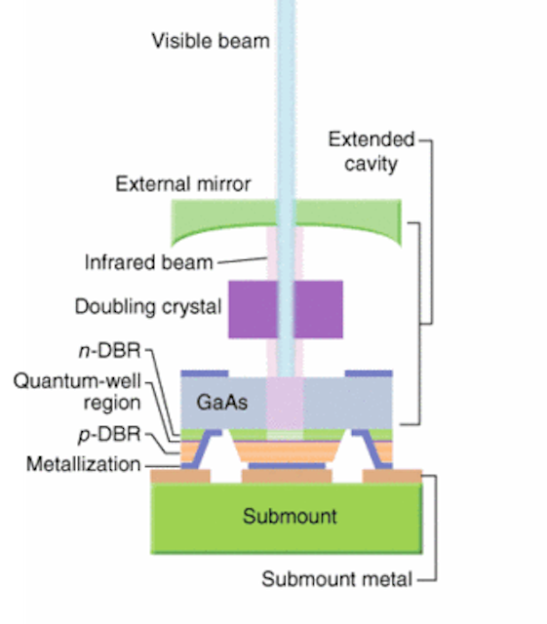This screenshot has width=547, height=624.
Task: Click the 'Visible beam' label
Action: [x=211, y=41]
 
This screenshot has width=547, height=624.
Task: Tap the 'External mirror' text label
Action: [x=182, y=184]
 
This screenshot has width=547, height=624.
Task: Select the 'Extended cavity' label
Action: [x=371, y=152]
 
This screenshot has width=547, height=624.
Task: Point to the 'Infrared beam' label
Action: [x=148, y=262]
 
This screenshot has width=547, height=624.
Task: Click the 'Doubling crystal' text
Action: [x=148, y=307]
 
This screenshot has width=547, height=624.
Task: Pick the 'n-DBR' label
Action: [x=110, y=351]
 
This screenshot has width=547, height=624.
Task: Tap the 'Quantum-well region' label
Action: [x=77, y=392]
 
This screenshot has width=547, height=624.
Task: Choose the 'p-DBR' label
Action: [x=110, y=434]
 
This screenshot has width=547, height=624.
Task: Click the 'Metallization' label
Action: [x=84, y=464]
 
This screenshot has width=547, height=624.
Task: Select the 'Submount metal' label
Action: [x=336, y=579]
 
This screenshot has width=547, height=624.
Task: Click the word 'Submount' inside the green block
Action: [x=290, y=516]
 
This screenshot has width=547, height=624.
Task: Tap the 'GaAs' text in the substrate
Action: [x=221, y=403]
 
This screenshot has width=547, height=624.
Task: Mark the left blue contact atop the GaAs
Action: [x=205, y=373]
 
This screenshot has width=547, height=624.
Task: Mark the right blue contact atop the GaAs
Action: [x=369, y=373]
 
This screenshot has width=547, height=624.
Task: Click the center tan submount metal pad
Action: [x=287, y=476]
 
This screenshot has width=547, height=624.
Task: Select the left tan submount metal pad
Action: [x=180, y=476]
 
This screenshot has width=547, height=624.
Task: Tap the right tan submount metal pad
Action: [x=392, y=476]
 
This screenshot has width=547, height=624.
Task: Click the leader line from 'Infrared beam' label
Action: [x=242, y=260]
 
